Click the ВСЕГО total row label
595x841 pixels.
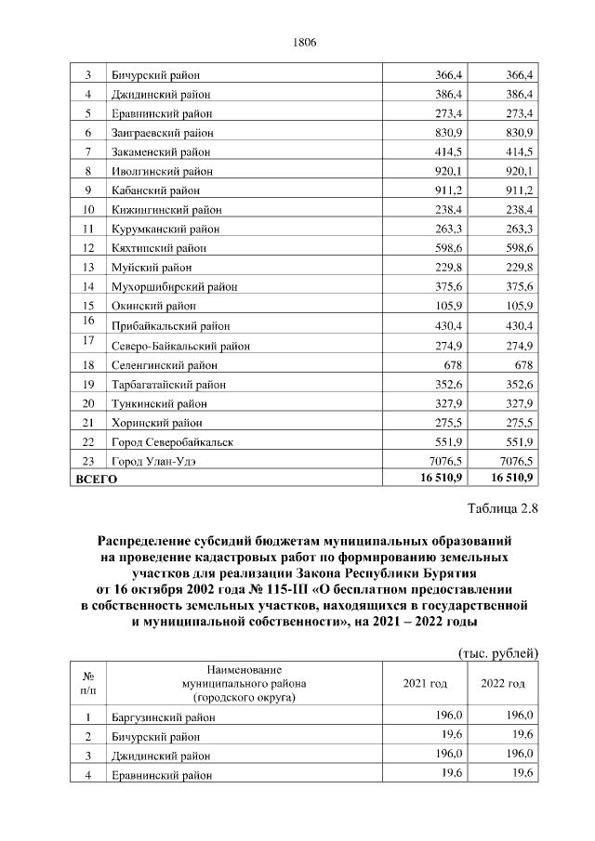point(96,479)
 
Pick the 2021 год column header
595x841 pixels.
point(425,684)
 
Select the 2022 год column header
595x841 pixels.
point(502,684)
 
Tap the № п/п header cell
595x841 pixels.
point(88,684)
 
